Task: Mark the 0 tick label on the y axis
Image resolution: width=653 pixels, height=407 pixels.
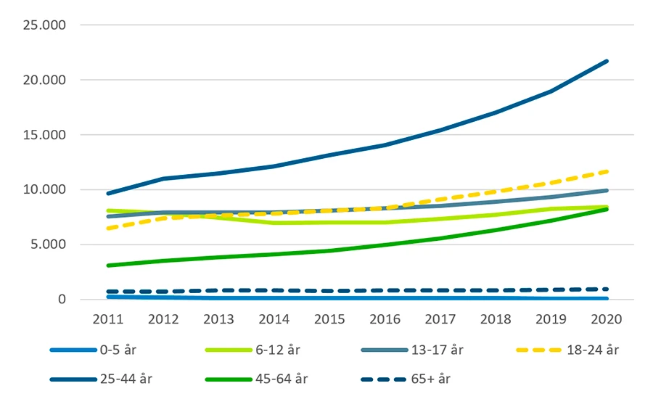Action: pyautogui.click(x=62, y=300)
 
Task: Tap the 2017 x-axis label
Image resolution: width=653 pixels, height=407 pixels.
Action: pyautogui.click(x=440, y=320)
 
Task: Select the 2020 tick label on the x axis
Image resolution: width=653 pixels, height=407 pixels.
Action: pyautogui.click(x=607, y=320)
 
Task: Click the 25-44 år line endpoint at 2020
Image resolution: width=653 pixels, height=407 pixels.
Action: pyautogui.click(x=607, y=61)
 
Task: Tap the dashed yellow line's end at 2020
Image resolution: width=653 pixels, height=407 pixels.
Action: pyautogui.click(x=607, y=171)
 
